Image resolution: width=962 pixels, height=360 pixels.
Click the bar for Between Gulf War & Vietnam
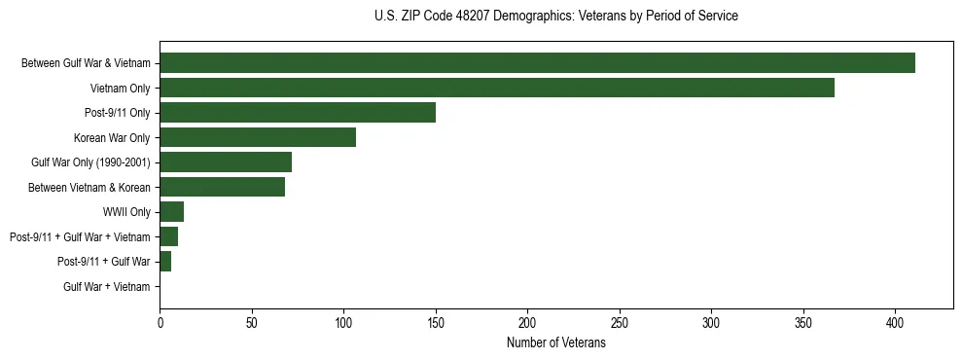point(537,63)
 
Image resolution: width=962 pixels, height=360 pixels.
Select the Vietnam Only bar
point(497,88)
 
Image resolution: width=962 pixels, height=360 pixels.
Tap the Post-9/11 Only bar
point(298,113)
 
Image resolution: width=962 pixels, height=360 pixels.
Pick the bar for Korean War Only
point(258,137)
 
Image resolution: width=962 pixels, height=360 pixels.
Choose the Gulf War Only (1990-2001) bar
point(226,162)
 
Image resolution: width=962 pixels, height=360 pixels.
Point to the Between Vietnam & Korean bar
point(223,187)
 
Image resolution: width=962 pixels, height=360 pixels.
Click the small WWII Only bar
point(172,212)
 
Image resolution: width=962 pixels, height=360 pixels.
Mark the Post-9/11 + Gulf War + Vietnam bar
point(169,236)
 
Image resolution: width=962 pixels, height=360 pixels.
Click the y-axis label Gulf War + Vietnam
point(106,287)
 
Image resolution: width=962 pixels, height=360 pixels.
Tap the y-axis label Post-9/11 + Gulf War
point(103,262)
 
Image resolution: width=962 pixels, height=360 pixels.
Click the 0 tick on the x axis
point(160,322)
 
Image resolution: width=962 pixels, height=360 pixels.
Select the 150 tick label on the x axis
point(436,322)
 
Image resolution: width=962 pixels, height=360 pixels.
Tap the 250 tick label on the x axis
point(620,322)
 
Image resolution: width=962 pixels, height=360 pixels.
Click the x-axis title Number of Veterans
point(555,343)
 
